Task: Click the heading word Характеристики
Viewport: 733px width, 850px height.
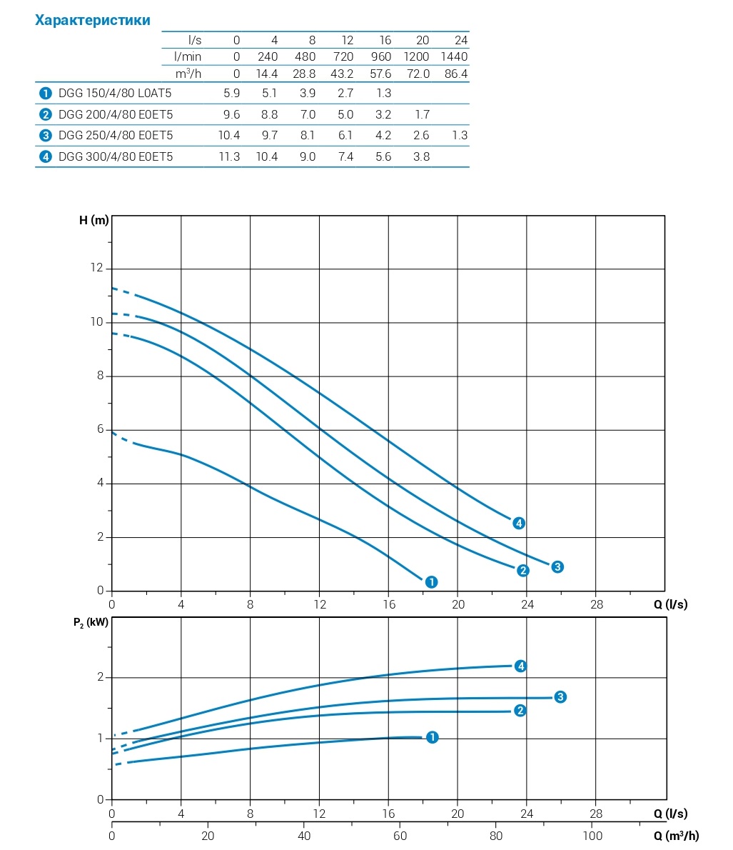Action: pyautogui.click(x=93, y=20)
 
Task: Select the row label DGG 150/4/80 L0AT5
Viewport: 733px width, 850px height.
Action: pyautogui.click(x=115, y=93)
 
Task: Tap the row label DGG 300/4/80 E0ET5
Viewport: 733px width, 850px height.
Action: pyautogui.click(x=115, y=156)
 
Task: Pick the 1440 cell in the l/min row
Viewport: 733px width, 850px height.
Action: pyautogui.click(x=454, y=56)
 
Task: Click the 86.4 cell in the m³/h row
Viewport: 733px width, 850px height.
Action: pyautogui.click(x=455, y=74)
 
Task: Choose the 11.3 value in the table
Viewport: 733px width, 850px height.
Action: pyautogui.click(x=228, y=156)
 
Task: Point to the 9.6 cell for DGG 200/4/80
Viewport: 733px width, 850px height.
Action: pyautogui.click(x=231, y=114)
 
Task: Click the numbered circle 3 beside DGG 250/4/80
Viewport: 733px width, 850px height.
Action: pyautogui.click(x=46, y=135)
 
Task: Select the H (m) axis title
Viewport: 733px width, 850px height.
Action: pyautogui.click(x=93, y=220)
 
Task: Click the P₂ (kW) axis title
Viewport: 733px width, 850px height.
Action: pyautogui.click(x=91, y=622)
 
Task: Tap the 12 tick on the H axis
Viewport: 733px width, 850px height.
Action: pyautogui.click(x=96, y=269)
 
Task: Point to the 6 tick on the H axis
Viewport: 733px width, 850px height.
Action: pyautogui.click(x=100, y=430)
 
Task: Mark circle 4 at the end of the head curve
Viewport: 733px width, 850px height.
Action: pyautogui.click(x=519, y=524)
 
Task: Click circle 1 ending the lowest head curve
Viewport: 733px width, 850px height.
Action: pyautogui.click(x=430, y=582)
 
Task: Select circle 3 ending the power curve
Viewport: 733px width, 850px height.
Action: pyautogui.click(x=560, y=696)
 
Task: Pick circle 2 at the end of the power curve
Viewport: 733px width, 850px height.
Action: pyautogui.click(x=520, y=710)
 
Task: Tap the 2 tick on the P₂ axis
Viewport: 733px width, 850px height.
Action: pyautogui.click(x=101, y=677)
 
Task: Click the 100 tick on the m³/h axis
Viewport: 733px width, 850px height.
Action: pyautogui.click(x=592, y=836)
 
